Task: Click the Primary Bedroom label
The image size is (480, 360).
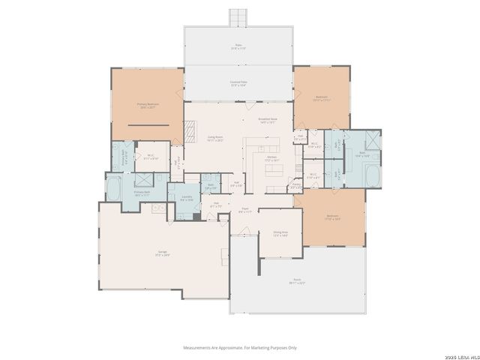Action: [x=146, y=106]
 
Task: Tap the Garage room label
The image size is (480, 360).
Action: [x=162, y=253]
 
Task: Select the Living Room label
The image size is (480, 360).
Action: [x=214, y=139]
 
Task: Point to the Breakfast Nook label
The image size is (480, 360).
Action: [x=268, y=120]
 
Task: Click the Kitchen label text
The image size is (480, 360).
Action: [x=271, y=158]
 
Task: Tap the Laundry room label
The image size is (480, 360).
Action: [x=187, y=198]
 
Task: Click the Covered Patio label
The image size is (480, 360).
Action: [x=238, y=83]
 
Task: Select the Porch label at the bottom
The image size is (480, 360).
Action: [x=298, y=281]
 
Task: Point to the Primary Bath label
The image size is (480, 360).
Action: [x=142, y=193]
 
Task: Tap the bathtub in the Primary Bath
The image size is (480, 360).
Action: [x=115, y=188]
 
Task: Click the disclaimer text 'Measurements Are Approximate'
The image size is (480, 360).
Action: [x=240, y=347]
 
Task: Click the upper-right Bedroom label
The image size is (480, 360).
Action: [x=321, y=97]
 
